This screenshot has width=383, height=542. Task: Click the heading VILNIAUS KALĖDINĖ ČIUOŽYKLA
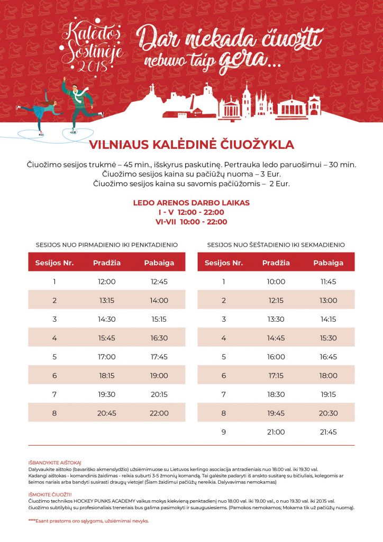(x=191, y=144)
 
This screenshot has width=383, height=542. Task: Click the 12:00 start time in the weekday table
(x=107, y=282)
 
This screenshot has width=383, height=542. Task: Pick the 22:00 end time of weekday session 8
(x=159, y=413)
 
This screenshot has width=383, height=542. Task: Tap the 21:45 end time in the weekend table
(x=328, y=432)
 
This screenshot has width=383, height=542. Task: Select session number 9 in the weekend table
(x=223, y=432)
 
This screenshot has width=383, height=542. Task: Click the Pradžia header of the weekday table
(x=107, y=263)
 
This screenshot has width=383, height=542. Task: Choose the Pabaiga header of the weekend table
(x=328, y=263)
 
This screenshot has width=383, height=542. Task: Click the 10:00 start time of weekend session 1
(x=276, y=282)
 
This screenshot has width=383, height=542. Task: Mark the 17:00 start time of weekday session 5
(x=107, y=357)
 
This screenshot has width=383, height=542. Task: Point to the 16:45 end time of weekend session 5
(x=328, y=357)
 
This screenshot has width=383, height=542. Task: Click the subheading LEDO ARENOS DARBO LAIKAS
(x=191, y=203)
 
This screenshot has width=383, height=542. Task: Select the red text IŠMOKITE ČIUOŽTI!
(x=51, y=495)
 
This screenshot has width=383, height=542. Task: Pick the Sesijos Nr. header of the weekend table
(x=223, y=263)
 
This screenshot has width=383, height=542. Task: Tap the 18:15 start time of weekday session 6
(x=107, y=375)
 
